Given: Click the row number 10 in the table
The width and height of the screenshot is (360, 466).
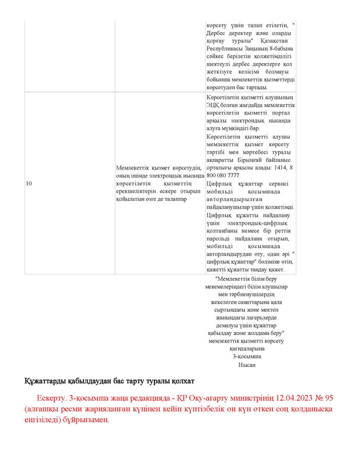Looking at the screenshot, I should pos(29,183).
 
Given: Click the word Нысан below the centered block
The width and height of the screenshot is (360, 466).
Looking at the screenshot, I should pos(247,365).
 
